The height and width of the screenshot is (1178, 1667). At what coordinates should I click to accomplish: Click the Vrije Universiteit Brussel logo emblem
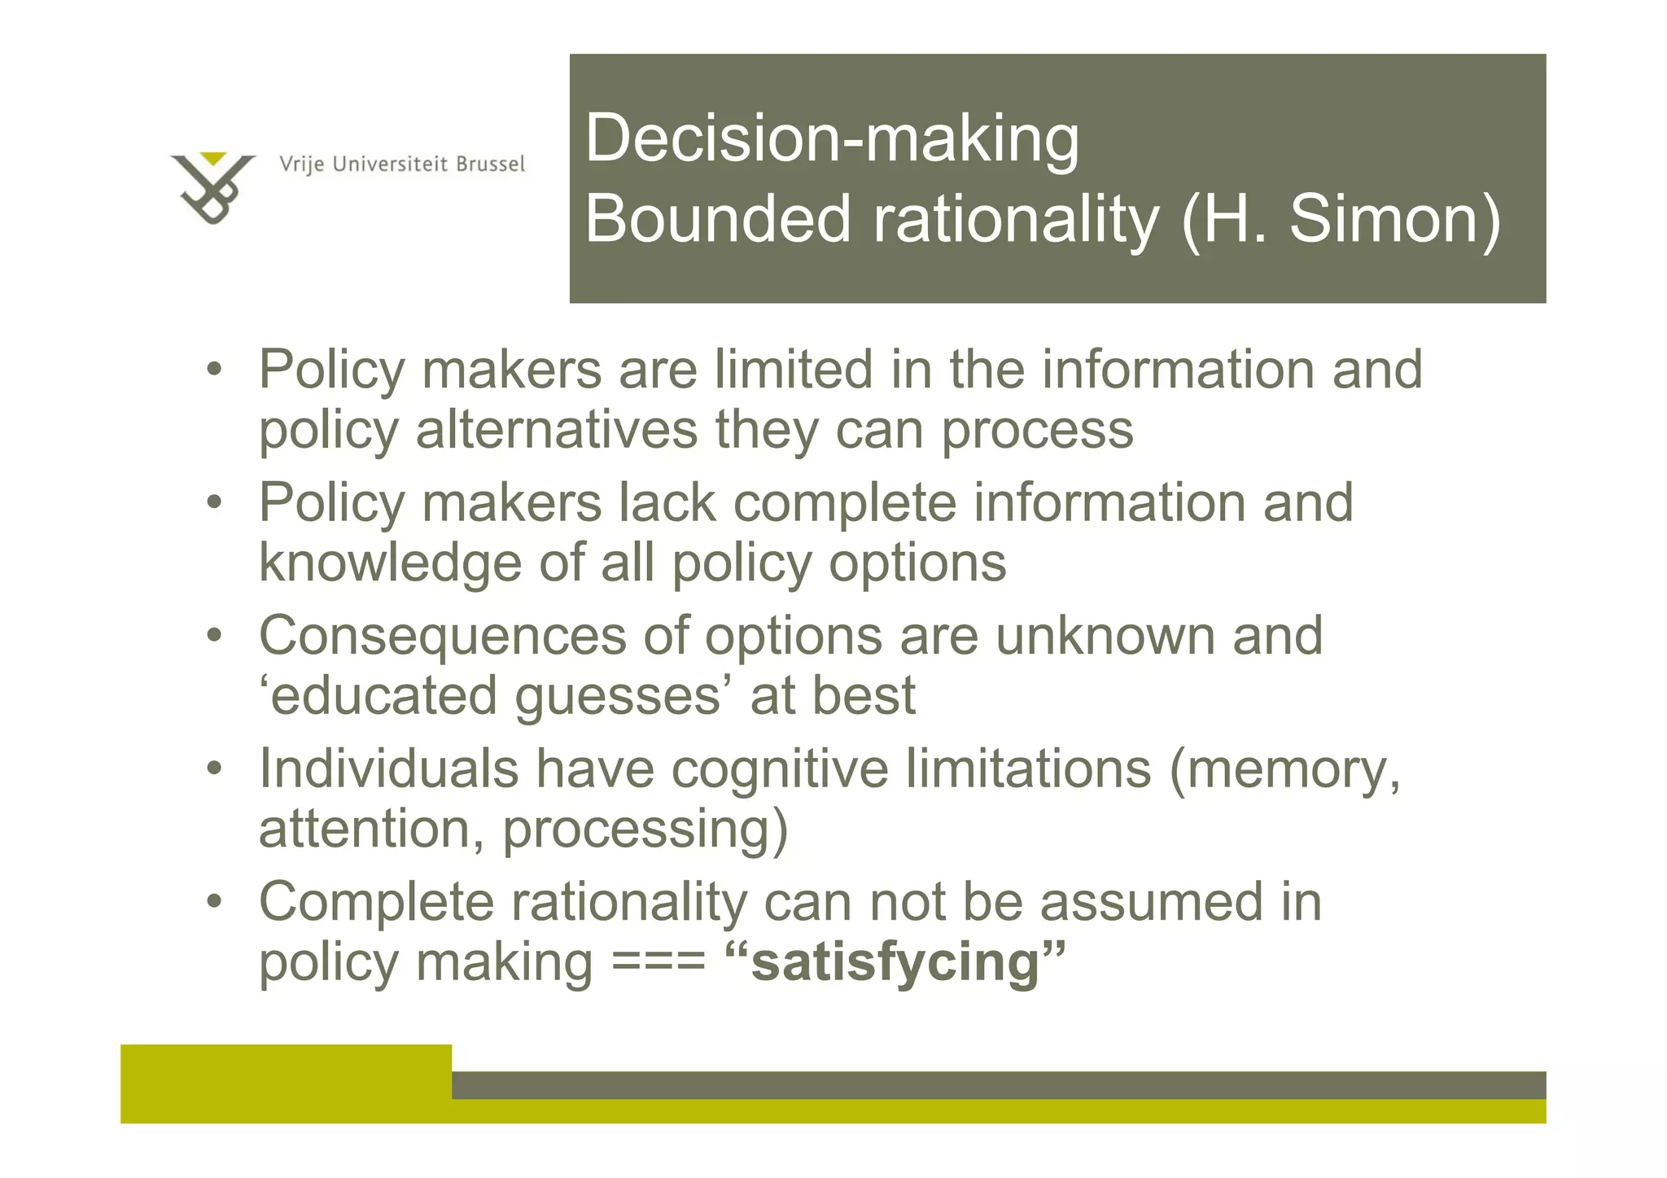pyautogui.click(x=212, y=188)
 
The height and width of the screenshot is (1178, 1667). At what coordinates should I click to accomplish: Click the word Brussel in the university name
pyautogui.click(x=490, y=164)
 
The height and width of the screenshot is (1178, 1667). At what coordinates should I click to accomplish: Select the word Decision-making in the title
pyautogui.click(x=832, y=139)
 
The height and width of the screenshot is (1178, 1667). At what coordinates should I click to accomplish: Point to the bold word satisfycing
pyautogui.click(x=895, y=962)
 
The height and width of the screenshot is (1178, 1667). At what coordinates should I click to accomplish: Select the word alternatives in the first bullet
pyautogui.click(x=556, y=430)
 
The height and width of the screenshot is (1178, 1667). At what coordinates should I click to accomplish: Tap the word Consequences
pyautogui.click(x=442, y=636)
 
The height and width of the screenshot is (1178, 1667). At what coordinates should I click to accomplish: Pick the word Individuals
pyautogui.click(x=388, y=769)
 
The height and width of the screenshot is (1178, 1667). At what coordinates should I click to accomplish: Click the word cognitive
pyautogui.click(x=779, y=770)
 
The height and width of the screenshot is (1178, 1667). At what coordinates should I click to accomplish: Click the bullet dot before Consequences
pyautogui.click(x=213, y=636)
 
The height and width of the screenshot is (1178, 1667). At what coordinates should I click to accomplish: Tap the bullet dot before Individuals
pyautogui.click(x=213, y=769)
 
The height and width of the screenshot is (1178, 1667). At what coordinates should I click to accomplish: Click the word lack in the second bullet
pyautogui.click(x=667, y=503)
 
